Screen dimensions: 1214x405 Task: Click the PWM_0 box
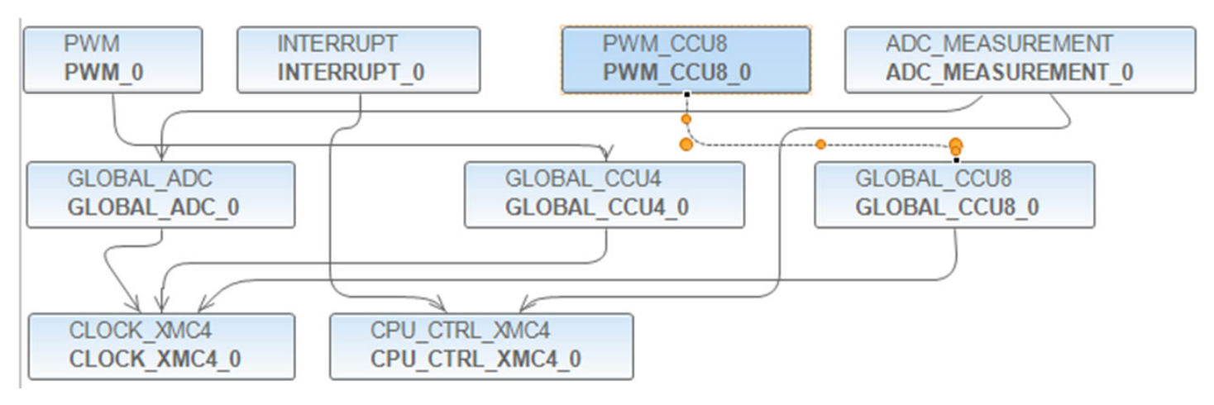[x=112, y=60]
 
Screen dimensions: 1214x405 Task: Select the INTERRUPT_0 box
[x=359, y=60]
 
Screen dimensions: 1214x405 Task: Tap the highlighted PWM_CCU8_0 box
[x=686, y=60]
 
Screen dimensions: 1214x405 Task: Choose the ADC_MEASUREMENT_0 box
[x=1020, y=60]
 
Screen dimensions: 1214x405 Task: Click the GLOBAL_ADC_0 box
[x=161, y=195]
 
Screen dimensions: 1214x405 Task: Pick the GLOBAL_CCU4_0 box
[x=605, y=195]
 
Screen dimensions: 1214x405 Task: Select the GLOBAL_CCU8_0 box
[x=954, y=195]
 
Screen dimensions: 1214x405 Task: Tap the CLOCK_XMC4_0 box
[x=161, y=346]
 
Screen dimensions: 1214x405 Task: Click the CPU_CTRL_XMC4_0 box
[x=481, y=346]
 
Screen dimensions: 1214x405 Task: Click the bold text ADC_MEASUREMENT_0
[x=1009, y=73]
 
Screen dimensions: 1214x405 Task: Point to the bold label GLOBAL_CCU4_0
[x=597, y=207]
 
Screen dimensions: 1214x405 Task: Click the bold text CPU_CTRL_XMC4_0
[x=476, y=359]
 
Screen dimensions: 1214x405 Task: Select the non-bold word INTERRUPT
[x=337, y=44]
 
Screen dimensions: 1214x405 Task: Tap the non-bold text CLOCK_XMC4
[x=140, y=331]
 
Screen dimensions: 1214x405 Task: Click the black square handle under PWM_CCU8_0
[x=686, y=95]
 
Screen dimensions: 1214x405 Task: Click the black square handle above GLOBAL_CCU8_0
[x=957, y=160]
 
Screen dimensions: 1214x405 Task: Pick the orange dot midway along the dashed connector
[x=820, y=144]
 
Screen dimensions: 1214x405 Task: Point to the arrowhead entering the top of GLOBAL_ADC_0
[x=161, y=153]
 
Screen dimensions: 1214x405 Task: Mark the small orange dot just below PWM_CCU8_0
[x=686, y=119]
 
